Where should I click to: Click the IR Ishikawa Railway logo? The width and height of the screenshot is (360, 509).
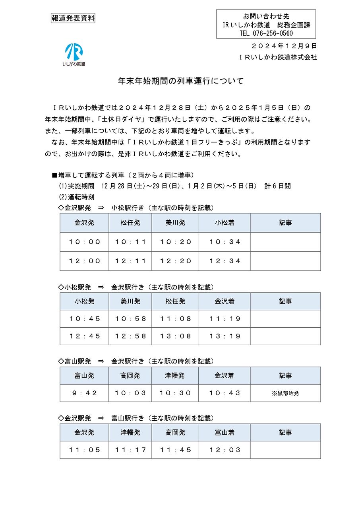point(74,54)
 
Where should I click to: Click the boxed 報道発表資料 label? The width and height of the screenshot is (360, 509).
point(73,18)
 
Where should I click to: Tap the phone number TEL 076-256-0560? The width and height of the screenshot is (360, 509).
point(266,33)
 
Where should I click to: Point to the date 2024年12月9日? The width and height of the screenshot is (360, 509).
point(285,46)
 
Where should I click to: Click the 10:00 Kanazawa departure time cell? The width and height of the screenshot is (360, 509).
point(84,242)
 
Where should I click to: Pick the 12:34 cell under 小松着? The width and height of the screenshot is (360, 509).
point(225,261)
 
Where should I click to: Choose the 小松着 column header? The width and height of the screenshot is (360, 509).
point(225,223)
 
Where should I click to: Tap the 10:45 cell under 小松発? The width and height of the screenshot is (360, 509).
point(84,319)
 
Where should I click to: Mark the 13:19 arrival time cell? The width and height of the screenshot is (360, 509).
point(225,336)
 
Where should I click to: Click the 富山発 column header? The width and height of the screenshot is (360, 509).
point(84,375)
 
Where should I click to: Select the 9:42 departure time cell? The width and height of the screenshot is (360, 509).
point(84,393)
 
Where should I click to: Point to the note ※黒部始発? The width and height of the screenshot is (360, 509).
point(285,393)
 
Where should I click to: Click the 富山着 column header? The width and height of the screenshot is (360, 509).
point(225,432)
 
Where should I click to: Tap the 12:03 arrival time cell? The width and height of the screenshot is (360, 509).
point(225,450)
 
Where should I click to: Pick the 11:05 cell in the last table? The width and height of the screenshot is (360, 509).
point(84,450)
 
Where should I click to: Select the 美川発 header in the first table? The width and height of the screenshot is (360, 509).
point(175,223)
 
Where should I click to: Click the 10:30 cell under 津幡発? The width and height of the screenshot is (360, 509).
point(175,393)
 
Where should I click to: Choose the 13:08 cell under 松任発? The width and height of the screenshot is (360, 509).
point(175,336)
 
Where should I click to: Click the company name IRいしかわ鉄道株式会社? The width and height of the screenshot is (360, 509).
point(278,57)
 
